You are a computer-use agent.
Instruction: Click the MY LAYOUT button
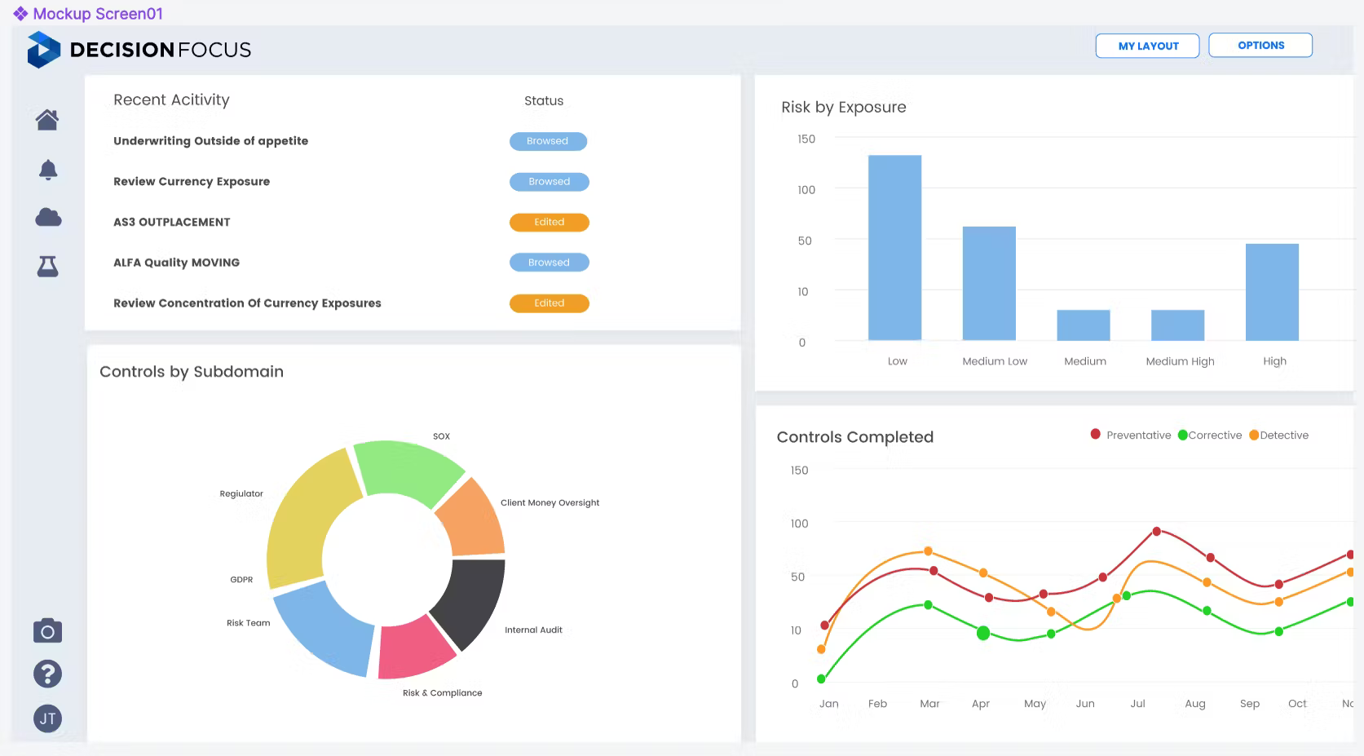point(1147,46)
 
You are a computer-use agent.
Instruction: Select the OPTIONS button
point(1260,46)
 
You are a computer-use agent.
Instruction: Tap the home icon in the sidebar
point(47,120)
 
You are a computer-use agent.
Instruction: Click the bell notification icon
point(48,170)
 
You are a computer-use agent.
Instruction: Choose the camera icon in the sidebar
point(47,630)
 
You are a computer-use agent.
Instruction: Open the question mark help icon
point(47,674)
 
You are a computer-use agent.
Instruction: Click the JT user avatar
point(47,718)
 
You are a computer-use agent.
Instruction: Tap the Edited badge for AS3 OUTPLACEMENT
point(549,222)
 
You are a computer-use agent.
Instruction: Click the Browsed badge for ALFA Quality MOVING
point(549,263)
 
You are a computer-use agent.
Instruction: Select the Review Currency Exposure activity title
point(192,182)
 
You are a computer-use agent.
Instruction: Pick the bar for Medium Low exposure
point(989,283)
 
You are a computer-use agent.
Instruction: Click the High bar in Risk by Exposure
point(1272,291)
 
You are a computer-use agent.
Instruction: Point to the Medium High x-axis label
point(1180,361)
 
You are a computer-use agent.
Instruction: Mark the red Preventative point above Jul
point(1157,532)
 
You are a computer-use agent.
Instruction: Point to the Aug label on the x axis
point(1195,704)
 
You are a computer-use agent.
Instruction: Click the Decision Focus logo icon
point(43,50)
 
